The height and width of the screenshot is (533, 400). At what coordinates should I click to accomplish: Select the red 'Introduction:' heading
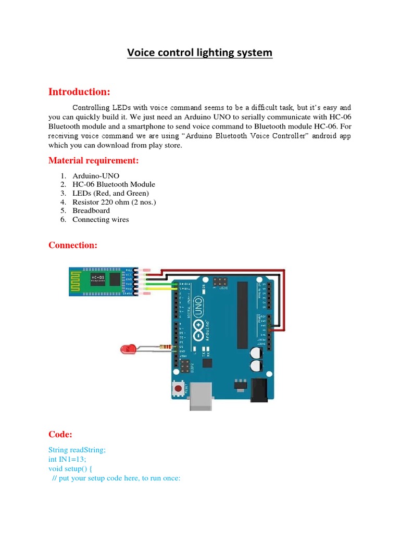coord(79,92)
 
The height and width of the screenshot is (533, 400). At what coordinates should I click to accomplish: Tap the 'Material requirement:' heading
coord(94,160)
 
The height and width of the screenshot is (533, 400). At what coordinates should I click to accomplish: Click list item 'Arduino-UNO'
coord(96,176)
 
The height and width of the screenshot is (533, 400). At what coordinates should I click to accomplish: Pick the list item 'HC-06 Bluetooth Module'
coord(114,184)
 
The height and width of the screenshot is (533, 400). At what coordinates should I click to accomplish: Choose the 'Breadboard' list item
coord(91,211)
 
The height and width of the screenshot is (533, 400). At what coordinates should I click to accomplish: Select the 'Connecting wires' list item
coord(101,220)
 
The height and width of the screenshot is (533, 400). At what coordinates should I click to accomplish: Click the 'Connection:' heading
coord(73,245)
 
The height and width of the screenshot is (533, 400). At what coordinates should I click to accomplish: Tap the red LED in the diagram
coord(126,349)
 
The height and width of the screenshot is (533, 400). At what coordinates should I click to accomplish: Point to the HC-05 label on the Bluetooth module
coord(98,277)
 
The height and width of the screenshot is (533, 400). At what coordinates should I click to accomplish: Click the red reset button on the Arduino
coord(179,388)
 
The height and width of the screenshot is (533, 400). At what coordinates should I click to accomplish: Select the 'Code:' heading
coord(60,434)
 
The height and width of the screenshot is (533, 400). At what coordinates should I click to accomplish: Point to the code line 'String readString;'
coord(77,450)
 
